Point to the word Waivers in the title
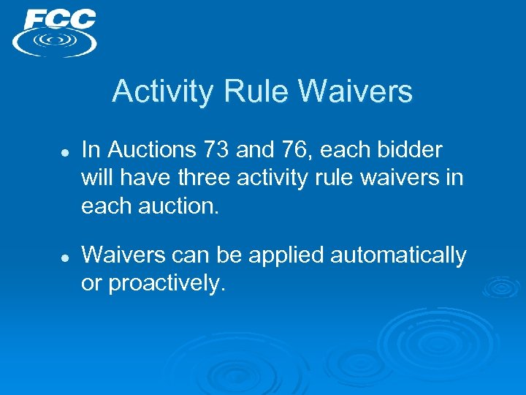click(356, 92)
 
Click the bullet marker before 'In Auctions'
click(64, 152)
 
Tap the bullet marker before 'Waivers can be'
click(64, 257)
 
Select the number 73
click(217, 151)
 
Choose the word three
click(209, 178)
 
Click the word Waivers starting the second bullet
click(121, 256)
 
